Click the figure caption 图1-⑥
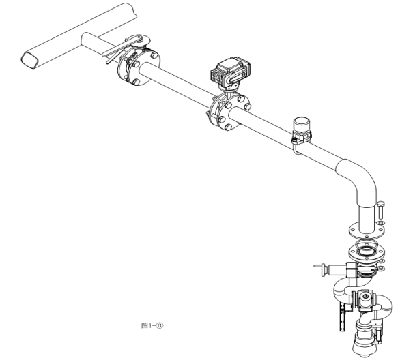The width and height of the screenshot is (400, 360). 152,325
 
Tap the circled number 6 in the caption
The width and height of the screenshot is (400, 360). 160,325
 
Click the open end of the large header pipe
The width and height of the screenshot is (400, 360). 29,60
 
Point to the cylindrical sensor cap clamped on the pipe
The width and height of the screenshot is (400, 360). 302,125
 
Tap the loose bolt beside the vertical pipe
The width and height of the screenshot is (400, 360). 381,210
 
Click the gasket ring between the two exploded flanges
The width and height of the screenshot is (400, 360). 367,244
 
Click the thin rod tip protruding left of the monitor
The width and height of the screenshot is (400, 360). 316,266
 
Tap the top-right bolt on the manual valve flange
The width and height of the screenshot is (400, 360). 154,55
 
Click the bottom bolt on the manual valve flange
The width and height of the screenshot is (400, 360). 137,82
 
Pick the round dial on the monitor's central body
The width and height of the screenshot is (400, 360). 365,297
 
